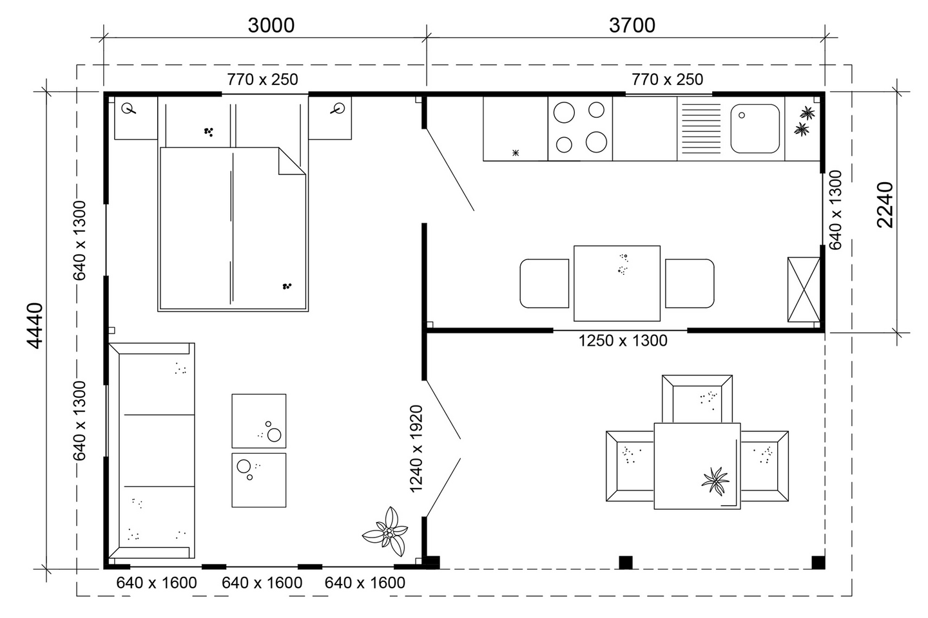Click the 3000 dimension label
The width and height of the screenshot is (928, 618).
click(x=271, y=25)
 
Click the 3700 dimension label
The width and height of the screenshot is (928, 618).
click(x=632, y=25)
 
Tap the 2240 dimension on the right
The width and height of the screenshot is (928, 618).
click(x=885, y=205)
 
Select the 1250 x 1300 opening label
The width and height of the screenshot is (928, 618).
click(x=623, y=341)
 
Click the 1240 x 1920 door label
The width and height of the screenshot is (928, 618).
click(x=417, y=449)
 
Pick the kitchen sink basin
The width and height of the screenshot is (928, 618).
click(x=755, y=129)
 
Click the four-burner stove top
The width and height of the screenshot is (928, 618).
click(x=580, y=128)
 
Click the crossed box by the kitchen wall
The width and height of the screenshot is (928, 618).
click(x=804, y=289)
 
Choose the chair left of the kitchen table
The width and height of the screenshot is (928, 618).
click(x=545, y=283)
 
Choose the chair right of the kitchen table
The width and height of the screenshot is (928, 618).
click(x=690, y=283)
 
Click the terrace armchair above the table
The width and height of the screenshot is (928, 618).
click(x=697, y=399)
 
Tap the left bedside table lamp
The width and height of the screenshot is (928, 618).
click(x=131, y=109)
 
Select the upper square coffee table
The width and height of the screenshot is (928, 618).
click(x=259, y=420)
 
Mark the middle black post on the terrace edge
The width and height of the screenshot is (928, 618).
click(x=626, y=562)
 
